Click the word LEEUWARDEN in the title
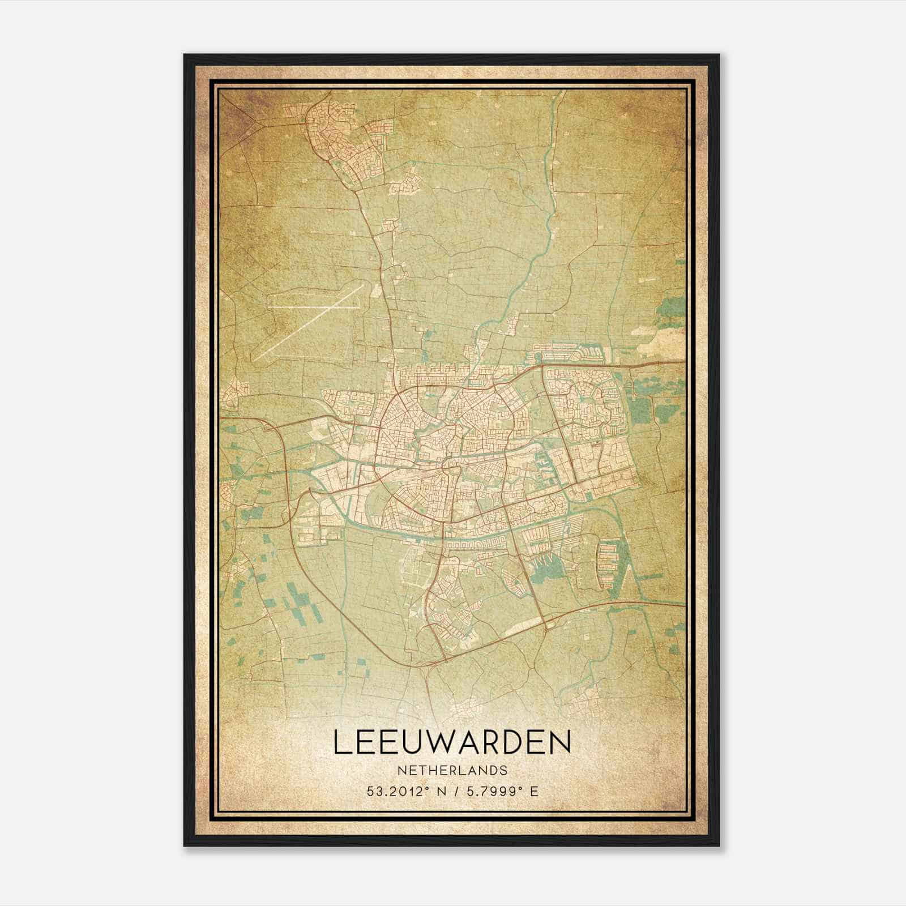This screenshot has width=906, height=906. pos(452,742)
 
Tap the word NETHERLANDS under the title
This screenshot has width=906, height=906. pos(452,771)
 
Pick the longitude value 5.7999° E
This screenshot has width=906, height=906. pos(501,791)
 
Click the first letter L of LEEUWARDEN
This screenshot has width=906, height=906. pos(341,742)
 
